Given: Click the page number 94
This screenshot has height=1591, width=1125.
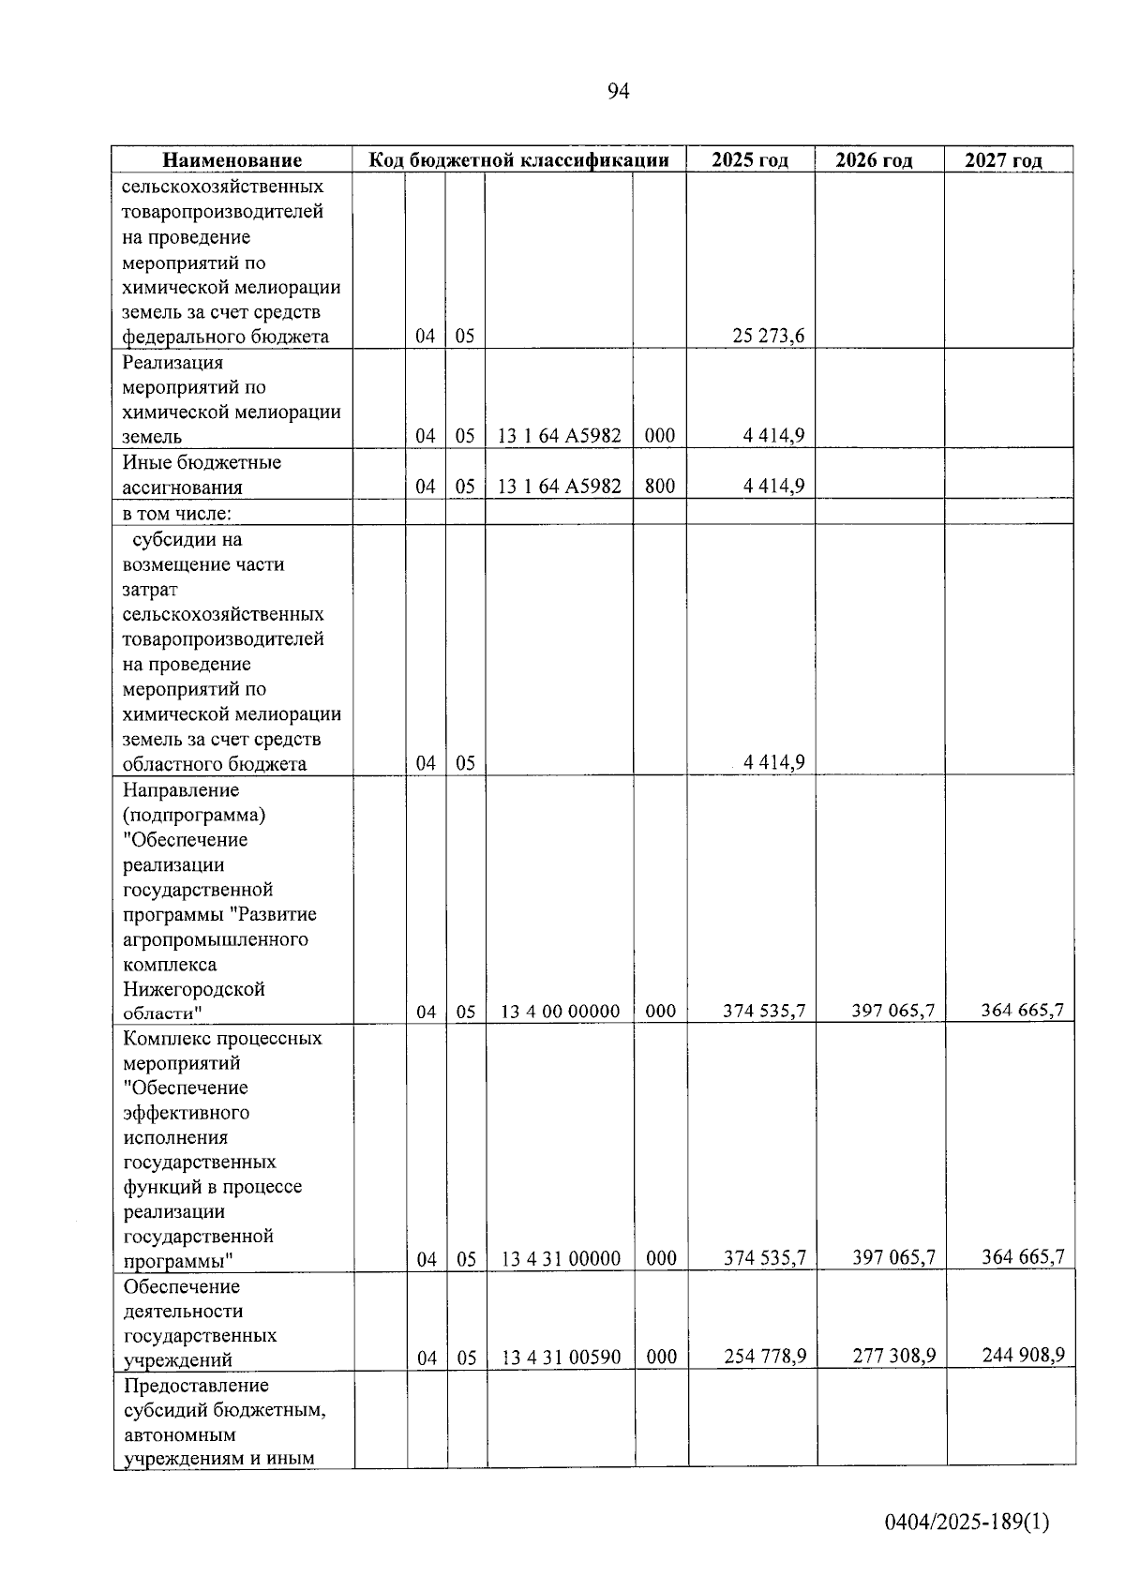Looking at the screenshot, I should click(x=618, y=91).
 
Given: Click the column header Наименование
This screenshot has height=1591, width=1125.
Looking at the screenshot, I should click(x=232, y=160).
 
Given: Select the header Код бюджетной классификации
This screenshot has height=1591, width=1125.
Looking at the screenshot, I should click(x=518, y=159).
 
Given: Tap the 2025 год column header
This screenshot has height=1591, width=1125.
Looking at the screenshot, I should click(x=750, y=159).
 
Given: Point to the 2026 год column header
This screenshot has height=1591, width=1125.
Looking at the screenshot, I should click(x=874, y=160).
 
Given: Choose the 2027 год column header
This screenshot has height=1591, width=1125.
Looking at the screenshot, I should click(x=1003, y=160).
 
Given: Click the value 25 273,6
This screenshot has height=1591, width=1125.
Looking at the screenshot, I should click(x=768, y=337).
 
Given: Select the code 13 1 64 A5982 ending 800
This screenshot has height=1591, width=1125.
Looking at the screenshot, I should click(x=560, y=486).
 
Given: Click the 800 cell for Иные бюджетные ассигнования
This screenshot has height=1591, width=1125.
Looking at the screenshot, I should click(x=660, y=486).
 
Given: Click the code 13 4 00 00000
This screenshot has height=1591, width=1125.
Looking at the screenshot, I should click(x=561, y=1012).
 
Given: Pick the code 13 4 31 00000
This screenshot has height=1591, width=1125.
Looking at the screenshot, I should click(x=561, y=1259).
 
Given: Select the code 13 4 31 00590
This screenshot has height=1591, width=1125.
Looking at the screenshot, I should click(x=561, y=1358).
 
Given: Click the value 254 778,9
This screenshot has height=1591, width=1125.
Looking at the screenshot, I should click(x=765, y=1357).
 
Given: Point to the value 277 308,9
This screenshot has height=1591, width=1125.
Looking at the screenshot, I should click(x=894, y=1356).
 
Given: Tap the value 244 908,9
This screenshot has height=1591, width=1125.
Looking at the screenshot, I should click(x=1023, y=1355).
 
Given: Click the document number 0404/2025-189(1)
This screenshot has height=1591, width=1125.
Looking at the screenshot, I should click(x=967, y=1522).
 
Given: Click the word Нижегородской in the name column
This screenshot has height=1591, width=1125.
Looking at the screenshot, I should click(x=194, y=989).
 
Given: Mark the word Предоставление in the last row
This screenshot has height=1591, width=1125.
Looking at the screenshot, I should click(x=196, y=1385).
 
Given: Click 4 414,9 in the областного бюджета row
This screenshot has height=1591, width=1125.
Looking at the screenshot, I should click(x=773, y=763).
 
